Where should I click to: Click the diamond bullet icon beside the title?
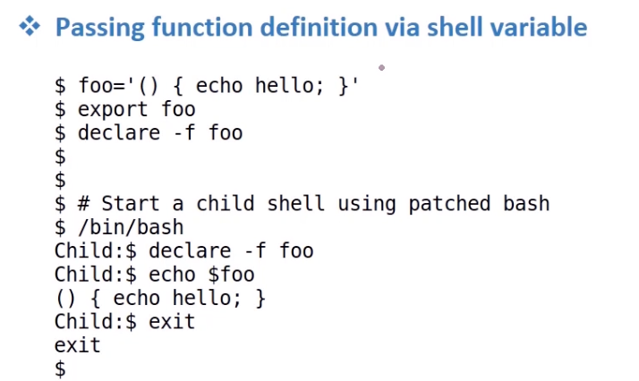point(30,27)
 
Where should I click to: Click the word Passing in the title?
point(100,28)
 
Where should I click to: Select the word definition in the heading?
point(319,27)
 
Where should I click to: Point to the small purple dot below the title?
point(381,68)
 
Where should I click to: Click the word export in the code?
point(113,110)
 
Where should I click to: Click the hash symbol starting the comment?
point(83,204)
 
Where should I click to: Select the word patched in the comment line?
point(449,204)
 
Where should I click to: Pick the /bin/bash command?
point(131,227)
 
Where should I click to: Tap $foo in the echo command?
point(232,274)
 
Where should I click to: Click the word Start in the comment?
point(130,204)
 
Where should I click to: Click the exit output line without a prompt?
point(78,345)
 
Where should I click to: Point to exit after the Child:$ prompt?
point(172,322)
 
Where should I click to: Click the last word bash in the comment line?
point(526,204)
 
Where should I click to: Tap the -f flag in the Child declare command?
point(255,250)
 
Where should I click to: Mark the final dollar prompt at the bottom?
point(60,369)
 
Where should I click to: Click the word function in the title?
point(202,27)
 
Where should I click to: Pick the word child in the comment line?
point(225,204)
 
